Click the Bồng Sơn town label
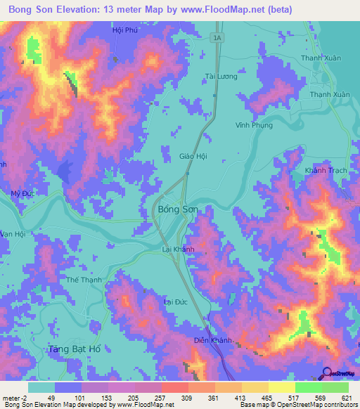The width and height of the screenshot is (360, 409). coord(178,209)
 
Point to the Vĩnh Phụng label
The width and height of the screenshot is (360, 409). coord(253,125)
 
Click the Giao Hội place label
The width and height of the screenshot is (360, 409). coord(193,157)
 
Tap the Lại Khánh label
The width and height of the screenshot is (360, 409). coord(178,249)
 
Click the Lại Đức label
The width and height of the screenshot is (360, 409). coord(176,301)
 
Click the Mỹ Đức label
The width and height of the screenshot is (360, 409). coord(22,193)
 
